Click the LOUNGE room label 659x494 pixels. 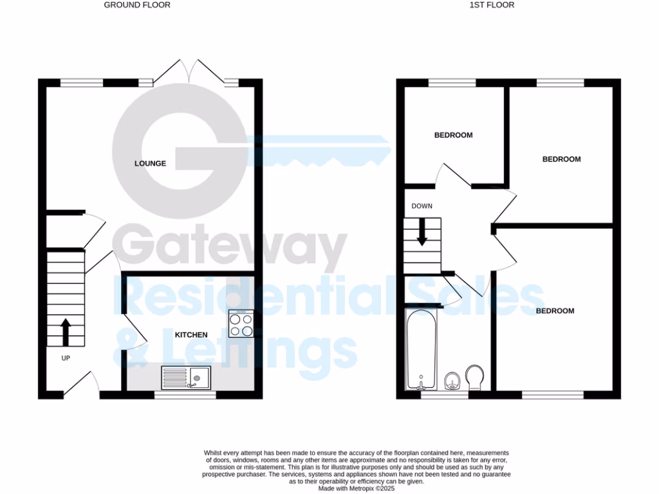[x=150, y=163]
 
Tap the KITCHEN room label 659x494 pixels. [x=191, y=335]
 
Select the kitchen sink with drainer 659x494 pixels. [x=186, y=377]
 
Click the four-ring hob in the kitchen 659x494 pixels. [x=241, y=324]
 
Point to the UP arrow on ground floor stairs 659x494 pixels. [x=65, y=331]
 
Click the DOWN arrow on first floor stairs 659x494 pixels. [x=422, y=232]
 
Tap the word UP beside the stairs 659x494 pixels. [x=65, y=358]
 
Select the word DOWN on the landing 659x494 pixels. [x=422, y=206]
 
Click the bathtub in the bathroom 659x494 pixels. [x=422, y=349]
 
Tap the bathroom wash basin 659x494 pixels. [x=452, y=381]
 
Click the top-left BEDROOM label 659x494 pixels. [x=453, y=135]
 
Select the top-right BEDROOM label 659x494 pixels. [x=561, y=160]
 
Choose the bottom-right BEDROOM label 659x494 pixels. [x=555, y=311]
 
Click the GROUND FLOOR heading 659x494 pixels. [x=137, y=5]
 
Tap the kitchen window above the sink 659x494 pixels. [x=185, y=396]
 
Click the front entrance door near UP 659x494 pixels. [x=81, y=384]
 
